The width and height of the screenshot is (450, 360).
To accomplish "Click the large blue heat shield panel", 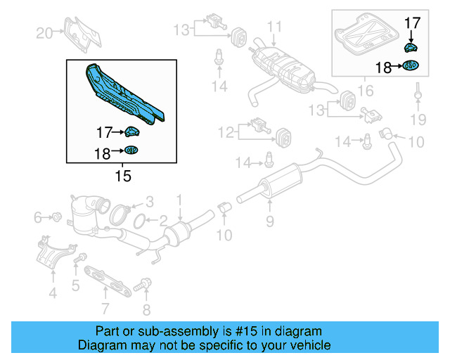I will click(x=123, y=95).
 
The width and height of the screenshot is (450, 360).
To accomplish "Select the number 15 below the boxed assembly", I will click(x=122, y=176).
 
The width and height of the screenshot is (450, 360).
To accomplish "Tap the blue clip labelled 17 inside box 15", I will click(x=132, y=131).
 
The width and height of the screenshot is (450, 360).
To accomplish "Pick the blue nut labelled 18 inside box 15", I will click(x=131, y=149).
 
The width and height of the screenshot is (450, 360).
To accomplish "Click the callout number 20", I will click(x=44, y=32).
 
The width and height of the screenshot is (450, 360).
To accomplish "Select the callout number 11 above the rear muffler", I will click(x=274, y=27).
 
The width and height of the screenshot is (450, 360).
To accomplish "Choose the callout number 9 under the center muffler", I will click(x=269, y=224).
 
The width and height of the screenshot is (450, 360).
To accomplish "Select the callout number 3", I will click(x=148, y=200).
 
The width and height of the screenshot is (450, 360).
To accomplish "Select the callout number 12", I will click(x=225, y=131).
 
